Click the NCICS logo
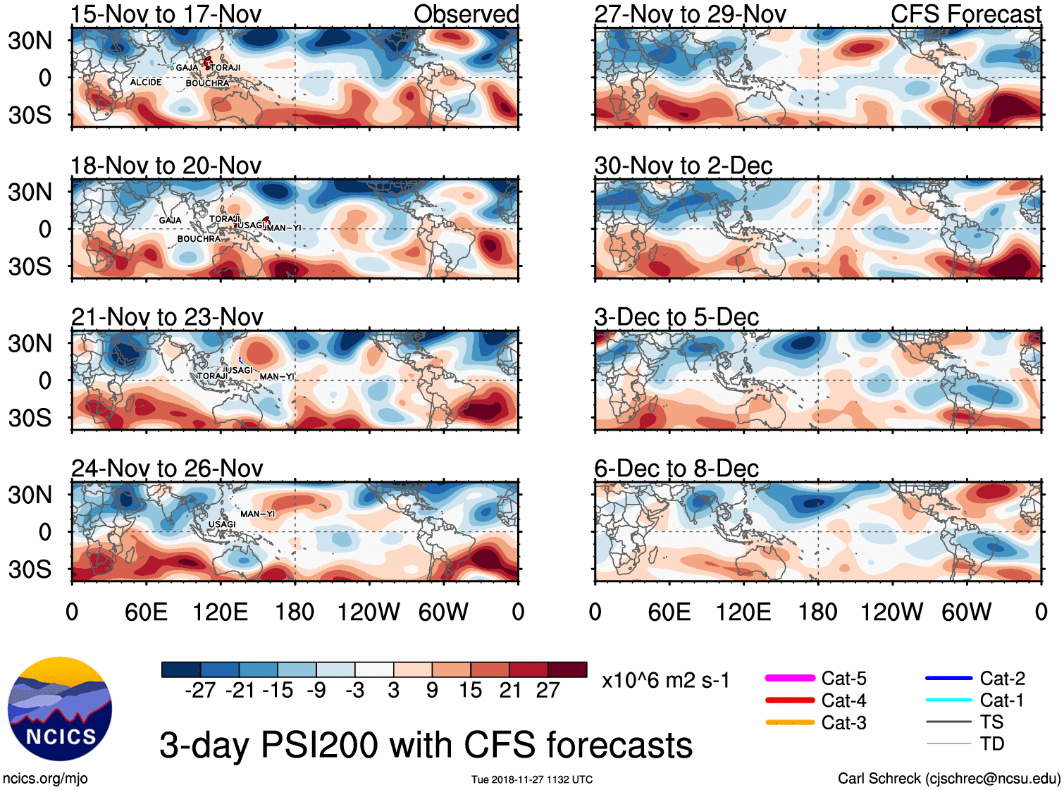pos(60,709)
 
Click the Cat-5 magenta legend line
pos(790,678)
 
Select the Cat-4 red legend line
pos(790,700)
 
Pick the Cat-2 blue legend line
pos(948,678)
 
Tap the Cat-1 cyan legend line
pos(948,700)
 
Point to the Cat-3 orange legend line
pos(790,722)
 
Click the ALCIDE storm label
pos(146,82)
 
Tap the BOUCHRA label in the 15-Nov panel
pos(207,83)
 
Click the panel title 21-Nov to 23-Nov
pos(167,317)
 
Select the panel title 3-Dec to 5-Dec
pos(676,317)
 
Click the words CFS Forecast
pos(965,14)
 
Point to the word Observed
pos(466,14)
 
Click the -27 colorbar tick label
pos(200,690)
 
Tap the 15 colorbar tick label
pos(470,690)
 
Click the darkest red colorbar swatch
pos(567,669)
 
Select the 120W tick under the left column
pos(369,612)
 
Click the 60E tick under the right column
pos(669,612)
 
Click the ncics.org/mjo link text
pos(45,778)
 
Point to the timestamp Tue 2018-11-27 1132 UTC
pos(532,779)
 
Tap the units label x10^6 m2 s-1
pos(665,680)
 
